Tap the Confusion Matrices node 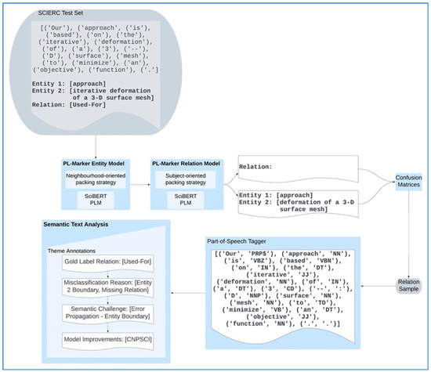[x=407, y=182]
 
